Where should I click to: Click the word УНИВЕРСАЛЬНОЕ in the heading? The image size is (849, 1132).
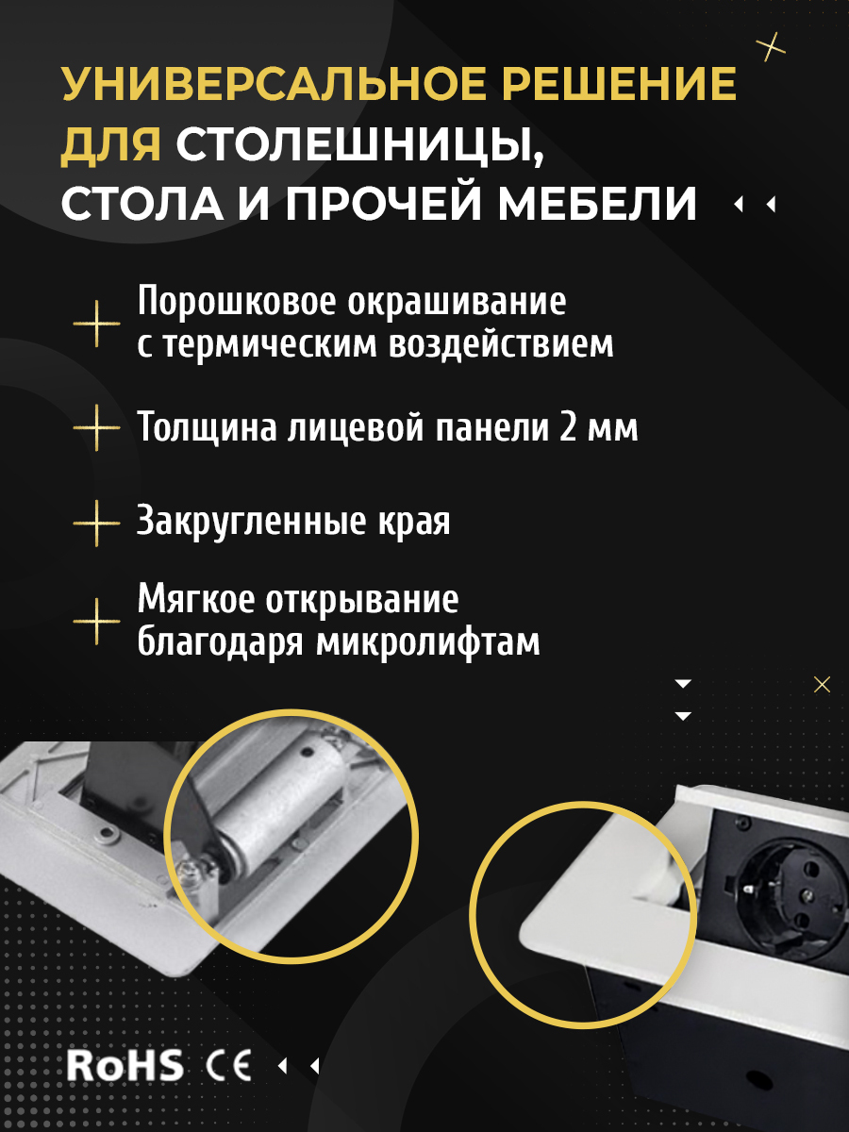(274, 83)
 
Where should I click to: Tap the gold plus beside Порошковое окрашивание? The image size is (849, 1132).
(96, 324)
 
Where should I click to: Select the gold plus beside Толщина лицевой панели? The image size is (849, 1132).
(96, 427)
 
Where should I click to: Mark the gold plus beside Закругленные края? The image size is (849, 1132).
(96, 523)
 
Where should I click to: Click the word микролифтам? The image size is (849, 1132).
(428, 641)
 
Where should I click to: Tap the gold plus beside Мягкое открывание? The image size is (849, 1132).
(96, 622)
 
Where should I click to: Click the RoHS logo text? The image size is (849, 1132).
(125, 1065)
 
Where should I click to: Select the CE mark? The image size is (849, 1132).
(228, 1065)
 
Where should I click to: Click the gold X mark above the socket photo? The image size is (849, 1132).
(822, 685)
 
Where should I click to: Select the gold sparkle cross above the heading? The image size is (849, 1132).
(771, 46)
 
